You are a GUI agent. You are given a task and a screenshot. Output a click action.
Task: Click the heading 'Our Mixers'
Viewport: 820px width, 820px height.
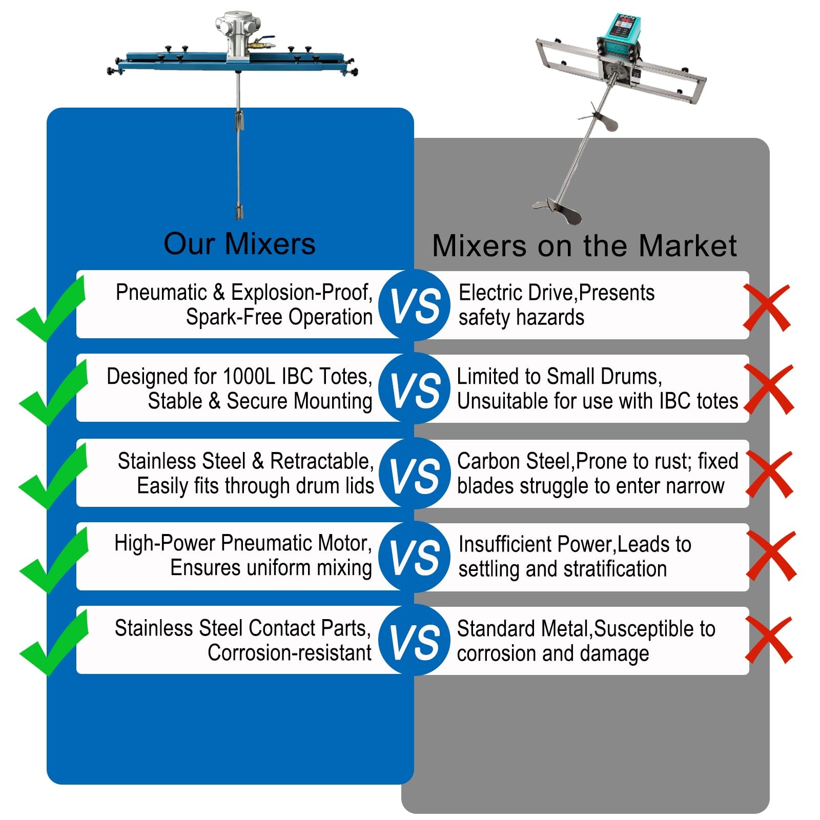click(239, 244)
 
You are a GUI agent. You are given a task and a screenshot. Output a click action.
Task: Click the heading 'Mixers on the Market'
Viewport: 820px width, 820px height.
click(584, 246)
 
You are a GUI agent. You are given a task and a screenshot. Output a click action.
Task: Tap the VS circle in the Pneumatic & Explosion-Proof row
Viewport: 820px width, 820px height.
click(415, 305)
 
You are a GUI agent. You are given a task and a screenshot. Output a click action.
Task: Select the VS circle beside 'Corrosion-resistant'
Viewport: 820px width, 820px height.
click(415, 640)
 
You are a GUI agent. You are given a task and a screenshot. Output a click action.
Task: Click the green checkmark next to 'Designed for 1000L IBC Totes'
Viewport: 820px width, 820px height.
click(54, 392)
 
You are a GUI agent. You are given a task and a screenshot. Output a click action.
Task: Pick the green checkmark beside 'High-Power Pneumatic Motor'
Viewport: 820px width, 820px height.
click(54, 560)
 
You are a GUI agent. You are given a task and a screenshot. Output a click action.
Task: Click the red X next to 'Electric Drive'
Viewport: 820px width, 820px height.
click(767, 308)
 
